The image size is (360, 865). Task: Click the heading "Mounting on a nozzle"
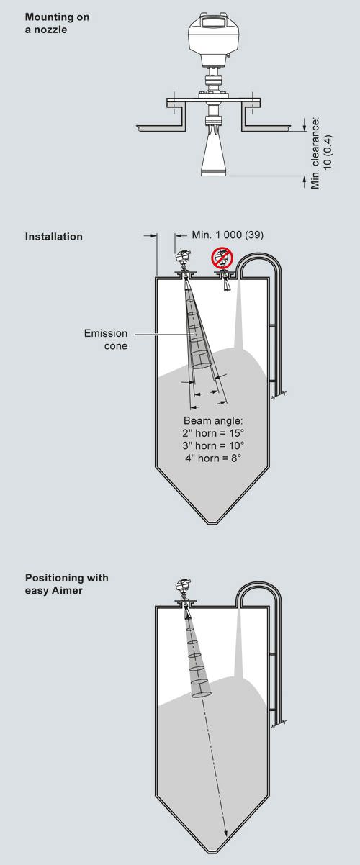[x=57, y=23]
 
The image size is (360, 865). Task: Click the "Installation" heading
[x=54, y=236]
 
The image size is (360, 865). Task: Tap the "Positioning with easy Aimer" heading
[x=66, y=584]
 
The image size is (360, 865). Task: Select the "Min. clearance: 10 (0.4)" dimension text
[x=321, y=154]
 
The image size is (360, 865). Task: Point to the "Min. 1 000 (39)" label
[x=228, y=235]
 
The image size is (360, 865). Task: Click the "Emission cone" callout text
[x=106, y=340]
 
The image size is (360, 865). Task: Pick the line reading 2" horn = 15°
[x=213, y=433]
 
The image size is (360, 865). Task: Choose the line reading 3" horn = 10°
[x=213, y=445]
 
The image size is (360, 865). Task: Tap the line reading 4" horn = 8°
[x=213, y=458]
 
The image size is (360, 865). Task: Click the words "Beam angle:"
[x=213, y=420]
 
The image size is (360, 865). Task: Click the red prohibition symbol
[x=222, y=258]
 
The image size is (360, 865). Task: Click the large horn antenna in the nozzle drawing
[x=214, y=153]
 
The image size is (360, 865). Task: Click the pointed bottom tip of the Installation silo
[x=212, y=523]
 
